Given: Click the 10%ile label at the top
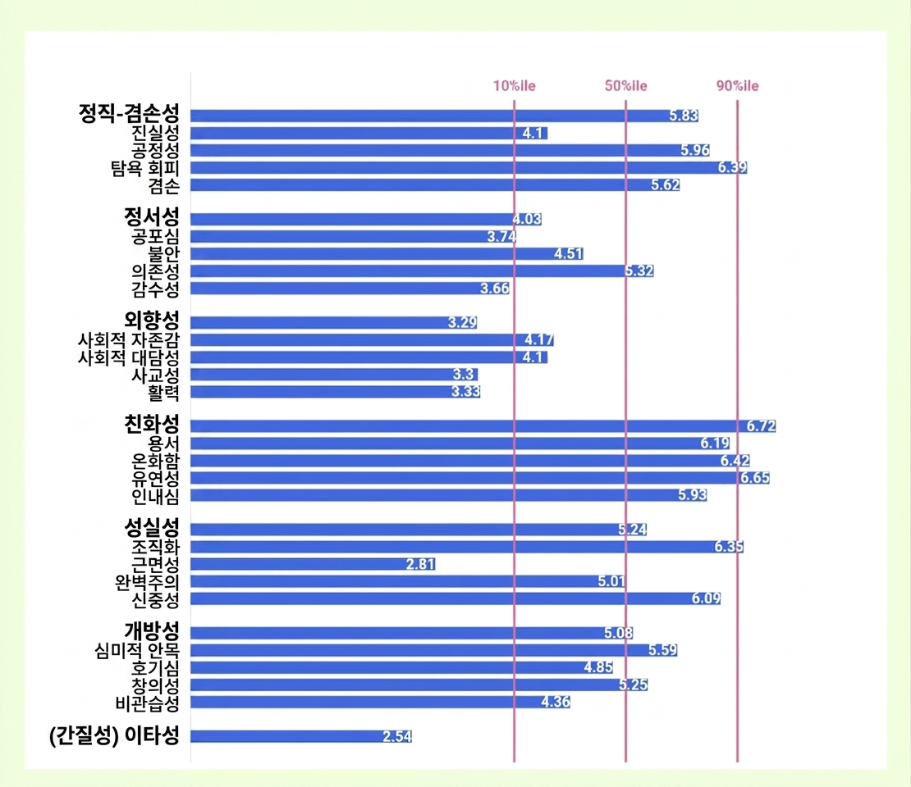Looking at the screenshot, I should coord(514,87).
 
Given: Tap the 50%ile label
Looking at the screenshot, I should coord(626,87).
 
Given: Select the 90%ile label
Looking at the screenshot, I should coord(737,87).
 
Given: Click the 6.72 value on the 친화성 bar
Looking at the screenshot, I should coord(761,426).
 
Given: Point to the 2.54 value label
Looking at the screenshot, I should coord(397,736).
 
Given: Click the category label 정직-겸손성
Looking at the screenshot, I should coord(129,114).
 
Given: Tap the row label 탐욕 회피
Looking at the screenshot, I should coord(144,167).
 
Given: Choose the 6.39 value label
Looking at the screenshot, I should coord(732,168).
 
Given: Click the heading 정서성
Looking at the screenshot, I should coord(151,218).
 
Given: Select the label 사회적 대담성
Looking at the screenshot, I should coord(128,357).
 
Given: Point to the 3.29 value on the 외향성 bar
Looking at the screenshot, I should coord(462,323).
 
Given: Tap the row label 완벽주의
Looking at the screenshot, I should coord(147,581).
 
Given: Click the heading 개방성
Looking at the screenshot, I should coord(151,632).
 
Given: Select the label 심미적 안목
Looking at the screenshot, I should coord(137,651).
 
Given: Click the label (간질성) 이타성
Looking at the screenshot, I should coord(113,736).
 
